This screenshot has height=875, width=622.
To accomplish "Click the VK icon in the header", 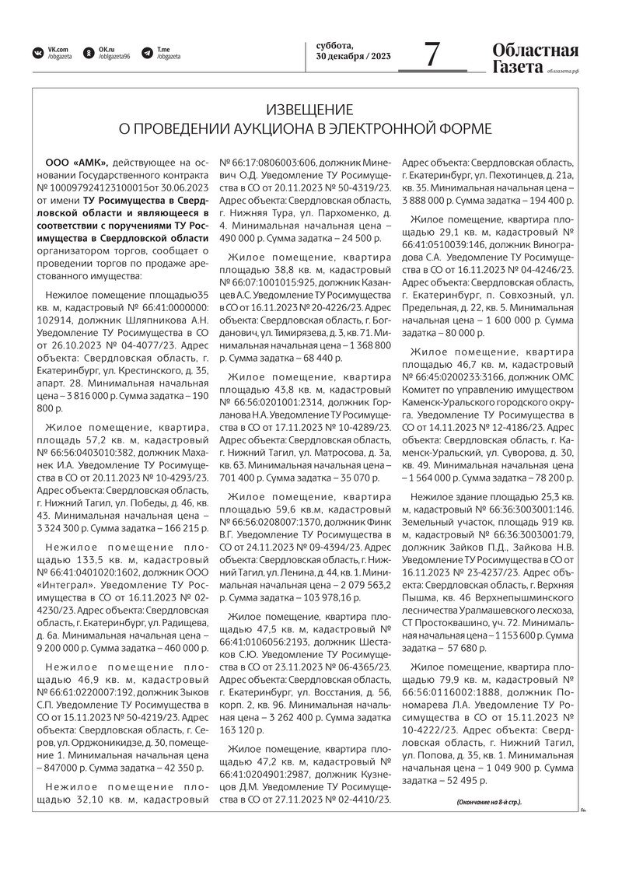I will pyautogui.click(x=37, y=53).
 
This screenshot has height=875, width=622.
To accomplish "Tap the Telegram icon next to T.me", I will pyautogui.click(x=147, y=53).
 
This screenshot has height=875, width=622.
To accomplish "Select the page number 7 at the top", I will pyautogui.click(x=432, y=54).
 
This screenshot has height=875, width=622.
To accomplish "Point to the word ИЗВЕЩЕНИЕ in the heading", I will pyautogui.click(x=309, y=109).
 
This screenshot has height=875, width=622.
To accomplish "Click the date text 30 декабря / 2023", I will pyautogui.click(x=354, y=57).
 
